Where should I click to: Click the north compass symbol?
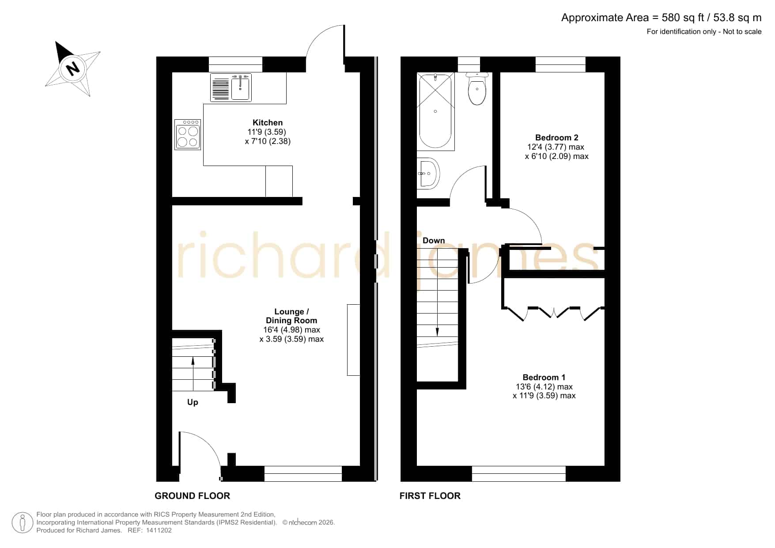point(73,68)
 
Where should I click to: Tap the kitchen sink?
point(231,87)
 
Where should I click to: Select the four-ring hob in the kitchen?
point(188,134)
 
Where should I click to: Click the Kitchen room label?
point(268,123)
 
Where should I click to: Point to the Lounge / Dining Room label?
point(291,316)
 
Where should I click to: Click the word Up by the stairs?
point(193,402)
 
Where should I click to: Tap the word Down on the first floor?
point(434,241)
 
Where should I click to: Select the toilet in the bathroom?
point(477,88)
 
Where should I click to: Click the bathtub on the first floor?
point(436,111)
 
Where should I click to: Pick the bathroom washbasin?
point(428,173)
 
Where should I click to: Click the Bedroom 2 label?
point(556,138)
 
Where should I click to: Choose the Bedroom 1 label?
point(544,378)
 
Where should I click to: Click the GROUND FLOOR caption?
point(192,496)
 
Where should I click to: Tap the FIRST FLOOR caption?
point(430,496)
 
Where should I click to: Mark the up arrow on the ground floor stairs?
point(193,367)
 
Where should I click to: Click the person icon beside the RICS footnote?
point(23,523)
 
